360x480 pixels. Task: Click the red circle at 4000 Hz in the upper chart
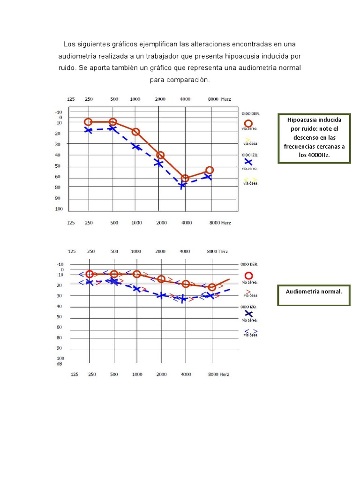tap(185, 179)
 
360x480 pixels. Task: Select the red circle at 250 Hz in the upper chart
tap(88, 122)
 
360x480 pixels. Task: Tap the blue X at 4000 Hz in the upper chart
tap(182, 185)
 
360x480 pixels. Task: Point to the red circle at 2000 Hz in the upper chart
tap(160, 155)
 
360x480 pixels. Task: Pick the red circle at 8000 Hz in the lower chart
tap(212, 287)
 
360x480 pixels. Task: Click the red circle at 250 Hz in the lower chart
tap(90, 274)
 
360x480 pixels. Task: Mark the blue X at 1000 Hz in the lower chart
tap(136, 289)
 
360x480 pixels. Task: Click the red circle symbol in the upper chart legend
tap(249, 123)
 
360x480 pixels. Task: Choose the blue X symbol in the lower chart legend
tap(249, 315)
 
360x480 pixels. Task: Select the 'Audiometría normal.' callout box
tap(314, 295)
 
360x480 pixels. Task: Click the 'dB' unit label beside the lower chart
tap(60, 364)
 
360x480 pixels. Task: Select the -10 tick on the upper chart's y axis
tap(59, 112)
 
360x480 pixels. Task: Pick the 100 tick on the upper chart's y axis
tap(59, 209)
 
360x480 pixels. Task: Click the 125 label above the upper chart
tap(71, 99)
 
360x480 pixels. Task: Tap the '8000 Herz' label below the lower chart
tap(219, 375)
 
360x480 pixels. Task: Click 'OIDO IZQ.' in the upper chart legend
tap(251, 155)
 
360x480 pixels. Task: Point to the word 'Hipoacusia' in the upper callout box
tap(314, 120)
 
